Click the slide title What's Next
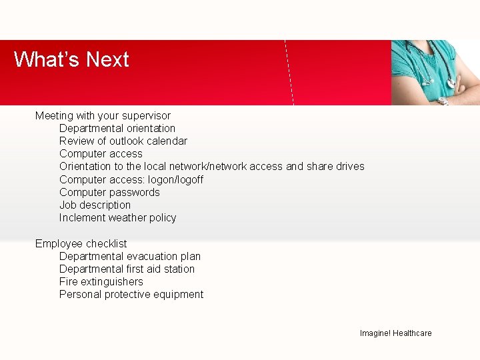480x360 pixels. click(71, 59)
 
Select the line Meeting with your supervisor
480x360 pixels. click(103, 115)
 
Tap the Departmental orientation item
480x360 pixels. click(117, 128)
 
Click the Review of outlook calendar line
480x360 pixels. click(123, 141)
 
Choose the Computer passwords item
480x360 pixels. click(109, 192)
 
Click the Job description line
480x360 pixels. click(95, 205)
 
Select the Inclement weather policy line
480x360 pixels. click(117, 217)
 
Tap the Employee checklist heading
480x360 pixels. click(81, 243)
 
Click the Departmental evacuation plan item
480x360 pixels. click(130, 256)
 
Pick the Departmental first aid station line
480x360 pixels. click(127, 269)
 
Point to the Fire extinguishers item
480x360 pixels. click(101, 281)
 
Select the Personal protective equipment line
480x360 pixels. click(131, 294)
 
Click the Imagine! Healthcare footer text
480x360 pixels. click(395, 333)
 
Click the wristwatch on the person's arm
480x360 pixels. click(442, 101)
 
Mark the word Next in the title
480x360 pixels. click(107, 59)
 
